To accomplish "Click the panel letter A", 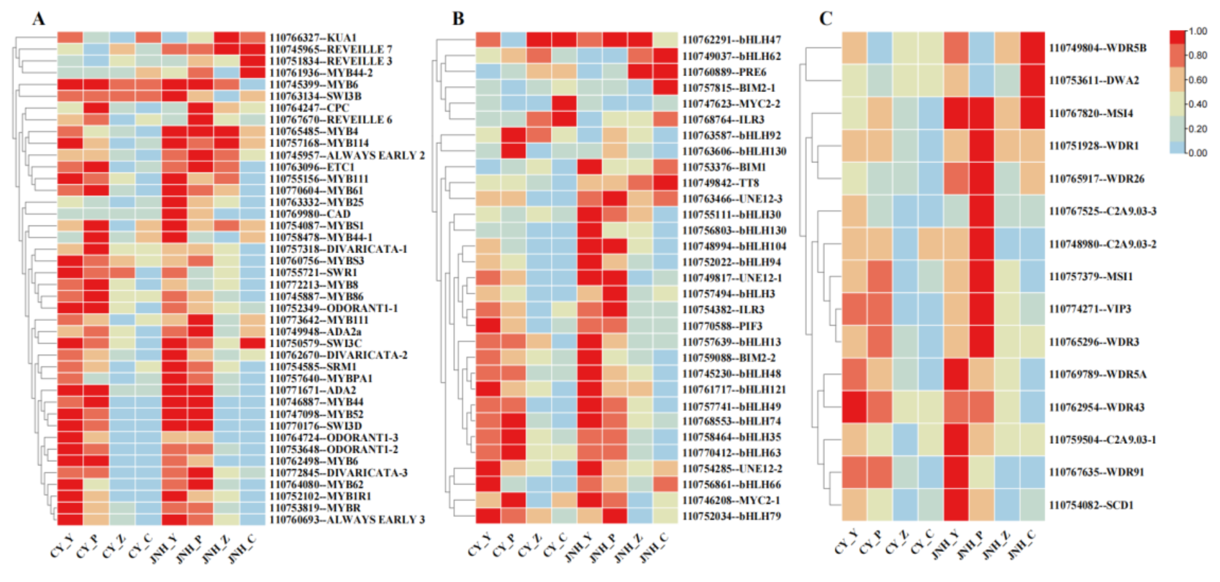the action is pos(39,19).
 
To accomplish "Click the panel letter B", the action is pos(458,19).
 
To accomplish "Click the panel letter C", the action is pos(825,19).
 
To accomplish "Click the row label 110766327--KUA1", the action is pos(313,37).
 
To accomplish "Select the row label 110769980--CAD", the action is pos(310,214).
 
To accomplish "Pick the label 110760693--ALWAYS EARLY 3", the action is pos(347,519).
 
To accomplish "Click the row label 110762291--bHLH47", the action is pos(731,40).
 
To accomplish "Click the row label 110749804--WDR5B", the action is pos(1097,48).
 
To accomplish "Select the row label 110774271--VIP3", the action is pos(1089,309).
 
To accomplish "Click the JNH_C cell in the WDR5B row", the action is pos(1032,48).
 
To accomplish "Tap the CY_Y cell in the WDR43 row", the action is pos(855,407).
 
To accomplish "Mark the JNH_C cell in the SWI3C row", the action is pos(252,343).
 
